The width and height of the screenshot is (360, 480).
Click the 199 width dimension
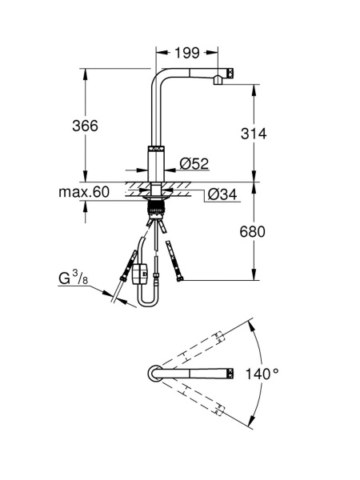click(x=187, y=53)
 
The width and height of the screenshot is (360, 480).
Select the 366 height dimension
click(x=85, y=126)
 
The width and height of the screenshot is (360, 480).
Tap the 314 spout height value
click(x=254, y=134)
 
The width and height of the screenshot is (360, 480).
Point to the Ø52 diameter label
click(x=194, y=163)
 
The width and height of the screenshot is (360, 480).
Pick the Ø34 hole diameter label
click(x=222, y=194)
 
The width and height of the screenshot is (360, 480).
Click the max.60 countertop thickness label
click(x=84, y=192)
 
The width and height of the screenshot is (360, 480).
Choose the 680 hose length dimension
click(x=252, y=232)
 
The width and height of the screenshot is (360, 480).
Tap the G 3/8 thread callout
click(x=73, y=278)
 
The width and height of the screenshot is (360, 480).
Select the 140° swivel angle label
click(x=262, y=374)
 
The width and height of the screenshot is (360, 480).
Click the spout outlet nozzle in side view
click(x=218, y=80)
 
